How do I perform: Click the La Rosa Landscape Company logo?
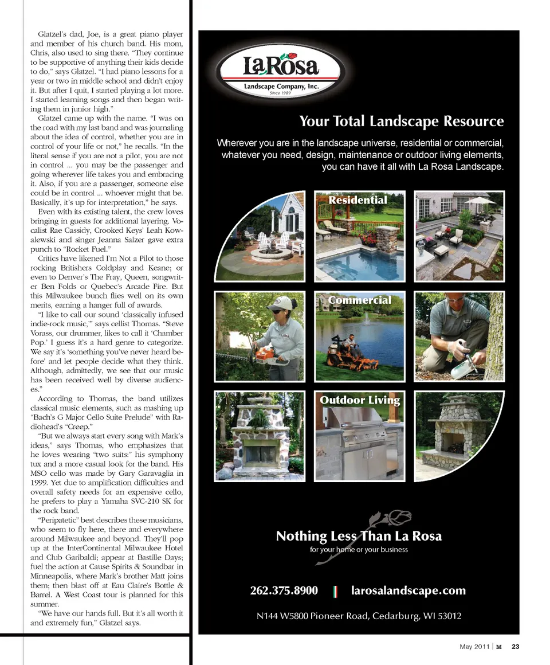coord(280,70)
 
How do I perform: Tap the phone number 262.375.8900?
coord(284,590)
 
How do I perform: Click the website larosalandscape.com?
coord(408,590)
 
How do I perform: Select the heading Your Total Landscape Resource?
coord(401,122)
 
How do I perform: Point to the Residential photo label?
coord(357,200)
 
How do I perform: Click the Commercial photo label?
coord(360,300)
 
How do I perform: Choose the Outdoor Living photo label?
coord(360,400)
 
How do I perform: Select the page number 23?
coord(515,647)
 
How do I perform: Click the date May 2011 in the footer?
coord(474,647)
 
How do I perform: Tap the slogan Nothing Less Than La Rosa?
coord(359,537)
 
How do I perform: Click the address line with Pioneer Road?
coord(359,616)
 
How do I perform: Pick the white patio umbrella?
coord(480,201)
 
